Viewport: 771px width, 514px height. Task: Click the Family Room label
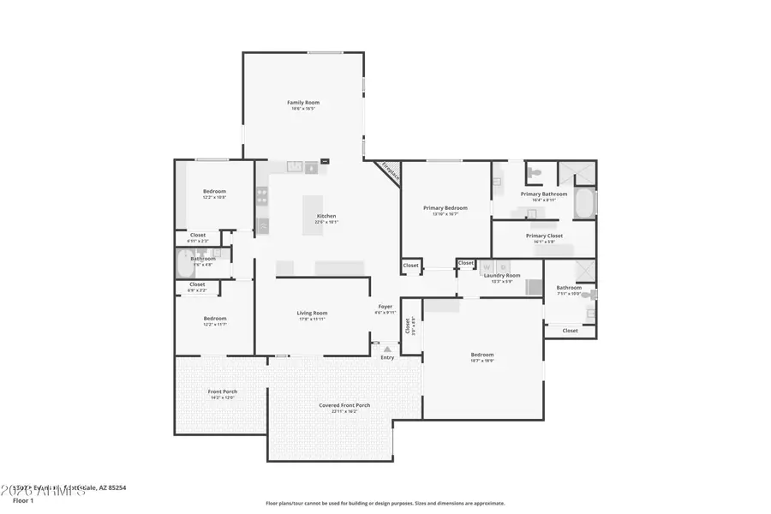coord(302,103)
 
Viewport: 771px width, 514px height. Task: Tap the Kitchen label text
coord(326,216)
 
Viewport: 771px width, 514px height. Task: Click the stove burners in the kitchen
coord(262,197)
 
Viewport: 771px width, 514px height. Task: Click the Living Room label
coord(312,314)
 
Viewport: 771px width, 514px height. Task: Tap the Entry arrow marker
coord(387,349)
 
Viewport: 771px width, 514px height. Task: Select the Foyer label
coord(385,307)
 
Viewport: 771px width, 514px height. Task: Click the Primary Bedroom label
coord(445,208)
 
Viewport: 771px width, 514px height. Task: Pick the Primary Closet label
coord(544,236)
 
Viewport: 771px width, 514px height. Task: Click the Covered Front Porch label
coord(344,405)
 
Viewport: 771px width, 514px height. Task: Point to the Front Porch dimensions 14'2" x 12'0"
coord(223,397)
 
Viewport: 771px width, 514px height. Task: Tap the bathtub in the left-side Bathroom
coord(185,263)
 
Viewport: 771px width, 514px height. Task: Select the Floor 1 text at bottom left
coord(23,500)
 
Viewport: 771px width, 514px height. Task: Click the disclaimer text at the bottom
coord(385,504)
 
